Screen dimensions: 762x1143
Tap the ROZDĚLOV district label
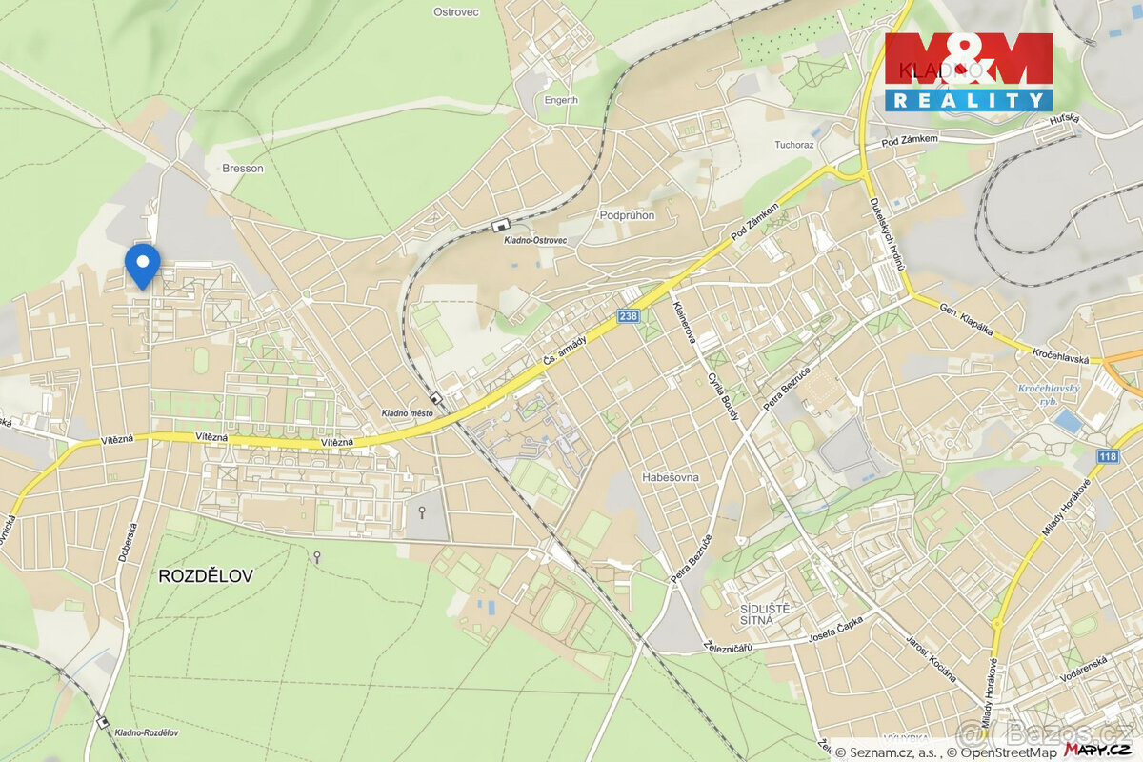206,575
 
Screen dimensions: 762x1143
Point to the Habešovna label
671,477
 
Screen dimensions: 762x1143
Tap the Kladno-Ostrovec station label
535,240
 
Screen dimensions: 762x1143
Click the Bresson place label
242,168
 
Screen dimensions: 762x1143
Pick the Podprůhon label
627,215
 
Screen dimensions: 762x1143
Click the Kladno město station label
408,412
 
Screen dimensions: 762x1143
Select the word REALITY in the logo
969,99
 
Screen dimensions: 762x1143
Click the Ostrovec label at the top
455,11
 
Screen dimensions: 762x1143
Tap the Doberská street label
127,541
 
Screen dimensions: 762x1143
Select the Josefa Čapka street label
835,628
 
